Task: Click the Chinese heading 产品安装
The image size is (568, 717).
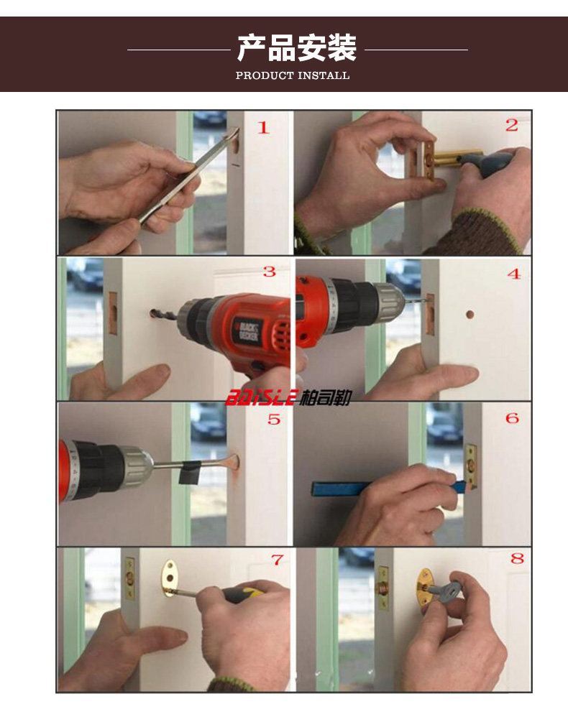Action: [x=297, y=47]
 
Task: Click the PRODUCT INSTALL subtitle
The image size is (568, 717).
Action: [x=293, y=75]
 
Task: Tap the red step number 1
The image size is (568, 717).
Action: [x=263, y=128]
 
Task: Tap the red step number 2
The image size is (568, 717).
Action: [x=512, y=125]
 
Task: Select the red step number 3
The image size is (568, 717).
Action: [x=270, y=272]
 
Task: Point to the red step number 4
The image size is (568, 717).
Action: [x=515, y=274]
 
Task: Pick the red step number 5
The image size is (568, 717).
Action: [x=274, y=419]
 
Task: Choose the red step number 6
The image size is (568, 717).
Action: [x=512, y=418]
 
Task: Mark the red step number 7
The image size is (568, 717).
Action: [x=278, y=560]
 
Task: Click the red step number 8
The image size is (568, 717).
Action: [x=517, y=558]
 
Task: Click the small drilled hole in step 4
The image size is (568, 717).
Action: [x=469, y=315]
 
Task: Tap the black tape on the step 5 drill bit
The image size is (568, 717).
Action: [x=190, y=473]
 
